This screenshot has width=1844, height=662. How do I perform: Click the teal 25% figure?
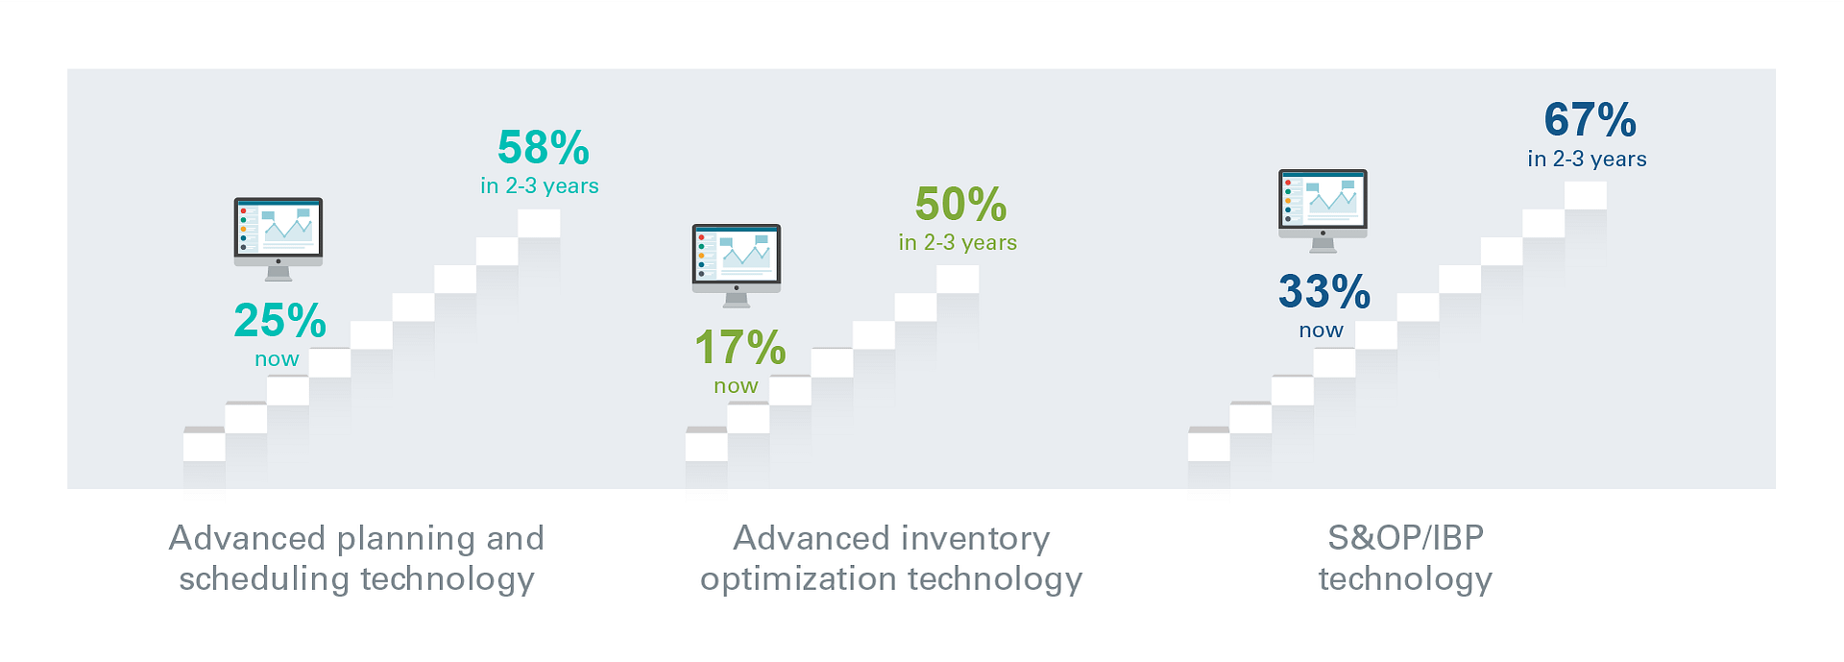click(x=280, y=320)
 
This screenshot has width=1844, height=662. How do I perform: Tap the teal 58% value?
click(x=544, y=147)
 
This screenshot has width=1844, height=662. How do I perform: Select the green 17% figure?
click(x=740, y=347)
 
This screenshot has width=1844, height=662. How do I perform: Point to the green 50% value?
click(x=961, y=204)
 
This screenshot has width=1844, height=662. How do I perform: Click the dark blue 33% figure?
click(x=1324, y=291)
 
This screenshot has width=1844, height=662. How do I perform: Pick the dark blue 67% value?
click(x=1590, y=120)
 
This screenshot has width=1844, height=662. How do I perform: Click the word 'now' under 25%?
click(x=277, y=359)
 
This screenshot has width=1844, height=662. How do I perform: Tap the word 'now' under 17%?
click(x=736, y=386)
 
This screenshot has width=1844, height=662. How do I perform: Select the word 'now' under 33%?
click(x=1322, y=331)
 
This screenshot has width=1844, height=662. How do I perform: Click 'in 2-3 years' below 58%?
click(x=540, y=185)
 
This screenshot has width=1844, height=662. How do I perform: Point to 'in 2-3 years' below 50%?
click(x=958, y=242)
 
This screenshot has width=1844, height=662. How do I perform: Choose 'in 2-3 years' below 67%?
click(x=1588, y=159)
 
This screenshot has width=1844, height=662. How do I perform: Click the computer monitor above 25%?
click(x=279, y=239)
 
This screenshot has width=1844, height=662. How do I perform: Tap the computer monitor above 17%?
click(x=737, y=266)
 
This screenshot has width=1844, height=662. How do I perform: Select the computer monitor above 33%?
click(x=1323, y=211)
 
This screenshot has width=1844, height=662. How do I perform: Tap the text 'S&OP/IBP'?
click(x=1406, y=538)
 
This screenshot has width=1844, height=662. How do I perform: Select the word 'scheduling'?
click(x=264, y=580)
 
